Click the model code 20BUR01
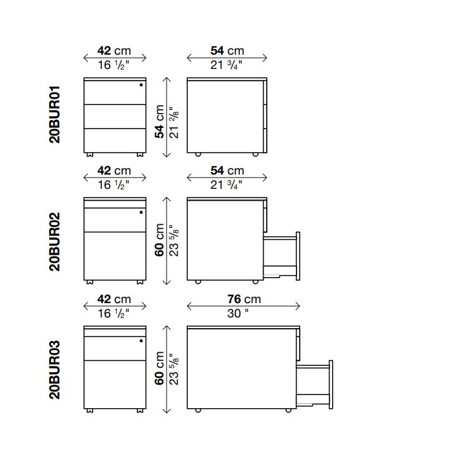click(x=55, y=114)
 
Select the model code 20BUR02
click(x=55, y=242)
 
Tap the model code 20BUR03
click(x=55, y=370)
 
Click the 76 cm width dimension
click(x=244, y=299)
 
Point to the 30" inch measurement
click(x=238, y=314)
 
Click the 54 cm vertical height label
click(x=160, y=122)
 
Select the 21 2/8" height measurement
click(x=174, y=123)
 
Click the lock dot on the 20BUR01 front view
click(x=141, y=85)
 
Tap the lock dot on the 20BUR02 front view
click(x=141, y=212)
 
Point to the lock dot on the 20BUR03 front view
click(x=141, y=340)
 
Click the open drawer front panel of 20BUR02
click(x=298, y=256)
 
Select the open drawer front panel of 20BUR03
click(x=331, y=385)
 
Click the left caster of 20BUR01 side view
click(x=198, y=155)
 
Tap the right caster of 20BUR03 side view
click(x=289, y=410)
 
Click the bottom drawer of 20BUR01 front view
click(x=115, y=140)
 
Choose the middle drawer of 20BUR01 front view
click(x=115, y=117)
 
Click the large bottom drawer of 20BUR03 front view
click(x=115, y=385)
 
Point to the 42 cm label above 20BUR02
click(x=114, y=171)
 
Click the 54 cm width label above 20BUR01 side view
click(x=228, y=51)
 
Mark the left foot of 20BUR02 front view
click(x=90, y=282)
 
